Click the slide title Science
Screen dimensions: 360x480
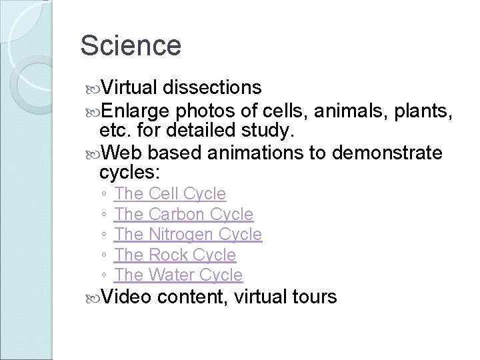tap(130, 45)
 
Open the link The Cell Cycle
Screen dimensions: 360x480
tap(170, 194)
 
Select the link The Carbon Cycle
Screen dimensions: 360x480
tap(183, 215)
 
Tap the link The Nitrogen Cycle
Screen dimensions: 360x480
tap(188, 235)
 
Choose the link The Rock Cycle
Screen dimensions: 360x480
tap(175, 255)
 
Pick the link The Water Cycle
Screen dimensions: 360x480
tap(178, 275)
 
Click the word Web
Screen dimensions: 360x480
tap(119, 154)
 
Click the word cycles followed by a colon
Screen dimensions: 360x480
tap(129, 173)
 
